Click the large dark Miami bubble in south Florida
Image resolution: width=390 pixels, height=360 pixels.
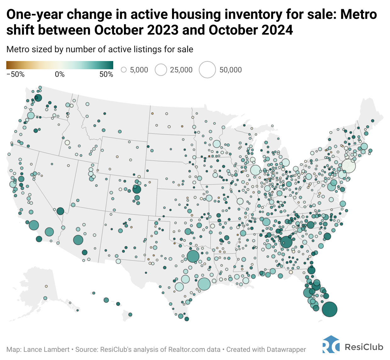[x=329, y=309]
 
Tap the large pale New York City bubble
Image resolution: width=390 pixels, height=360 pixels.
[x=348, y=166]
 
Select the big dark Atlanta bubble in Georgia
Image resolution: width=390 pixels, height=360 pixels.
[x=286, y=242]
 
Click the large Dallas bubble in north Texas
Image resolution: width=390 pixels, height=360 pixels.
[x=193, y=256]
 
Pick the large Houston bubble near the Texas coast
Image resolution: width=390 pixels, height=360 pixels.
[x=204, y=284]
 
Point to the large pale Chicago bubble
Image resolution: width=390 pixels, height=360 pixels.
[x=255, y=170]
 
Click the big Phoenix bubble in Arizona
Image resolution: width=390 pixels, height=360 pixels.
[x=78, y=240]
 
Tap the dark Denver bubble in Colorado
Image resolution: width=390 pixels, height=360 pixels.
[x=136, y=189]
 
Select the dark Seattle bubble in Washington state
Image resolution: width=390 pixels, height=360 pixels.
[x=38, y=98]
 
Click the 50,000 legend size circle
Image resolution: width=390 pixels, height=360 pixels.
[x=207, y=70]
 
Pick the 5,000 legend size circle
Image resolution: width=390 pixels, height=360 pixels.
[x=124, y=70]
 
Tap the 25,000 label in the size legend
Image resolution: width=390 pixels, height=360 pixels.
[x=181, y=70]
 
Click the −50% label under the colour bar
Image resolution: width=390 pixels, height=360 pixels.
[x=15, y=74]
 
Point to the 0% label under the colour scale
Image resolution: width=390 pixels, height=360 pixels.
[x=60, y=74]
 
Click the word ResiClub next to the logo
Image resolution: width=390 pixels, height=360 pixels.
[x=364, y=347]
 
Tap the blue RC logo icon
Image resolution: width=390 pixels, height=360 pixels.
[x=331, y=345]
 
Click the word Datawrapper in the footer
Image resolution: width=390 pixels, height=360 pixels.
[x=286, y=349]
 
